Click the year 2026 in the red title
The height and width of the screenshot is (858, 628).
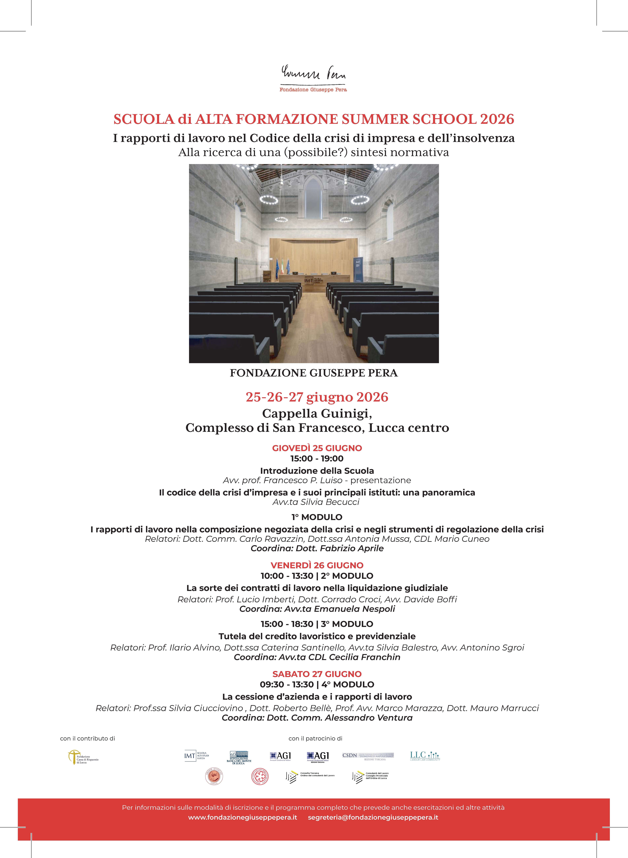pyautogui.click(x=497, y=119)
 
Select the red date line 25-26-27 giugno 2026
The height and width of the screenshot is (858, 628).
pyautogui.click(x=317, y=397)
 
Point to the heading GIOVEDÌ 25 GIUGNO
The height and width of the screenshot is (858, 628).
pyautogui.click(x=317, y=448)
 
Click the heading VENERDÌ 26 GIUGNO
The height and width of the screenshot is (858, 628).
pyautogui.click(x=317, y=565)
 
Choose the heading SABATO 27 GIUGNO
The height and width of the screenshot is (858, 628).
pyautogui.click(x=317, y=674)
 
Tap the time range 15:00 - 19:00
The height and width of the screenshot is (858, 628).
pyautogui.click(x=317, y=459)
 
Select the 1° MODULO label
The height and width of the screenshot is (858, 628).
pyautogui.click(x=317, y=517)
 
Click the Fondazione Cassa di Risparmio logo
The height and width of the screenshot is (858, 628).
pyautogui.click(x=83, y=757)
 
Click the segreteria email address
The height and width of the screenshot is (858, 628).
pyautogui.click(x=373, y=817)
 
